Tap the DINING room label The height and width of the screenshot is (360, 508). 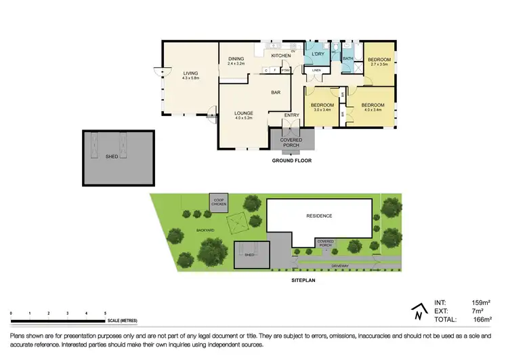click(236, 58)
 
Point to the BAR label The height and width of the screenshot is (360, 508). click(276, 92)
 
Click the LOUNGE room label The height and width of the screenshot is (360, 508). click(244, 113)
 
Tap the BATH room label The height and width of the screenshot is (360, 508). click(348, 59)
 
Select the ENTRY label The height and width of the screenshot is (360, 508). click(292, 115)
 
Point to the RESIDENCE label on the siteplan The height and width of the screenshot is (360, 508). click(319, 216)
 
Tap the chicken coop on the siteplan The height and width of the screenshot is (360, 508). click(218, 202)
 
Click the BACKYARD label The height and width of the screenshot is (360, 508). click(206, 231)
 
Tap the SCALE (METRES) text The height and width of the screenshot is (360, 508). click(123, 319)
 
